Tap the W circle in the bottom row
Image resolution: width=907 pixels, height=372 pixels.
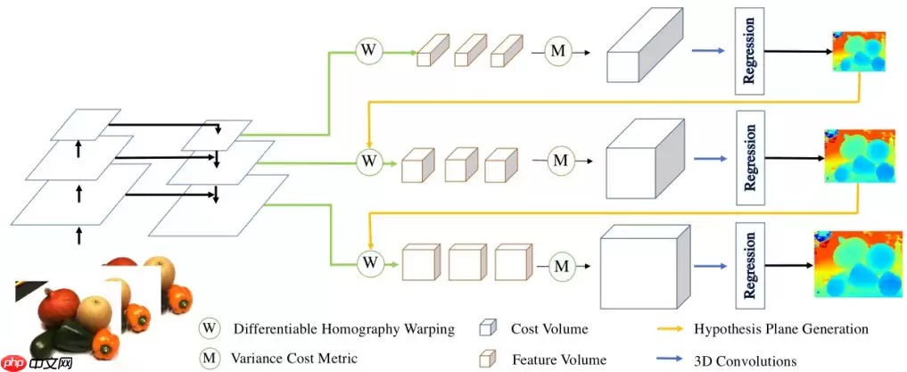[x=368, y=262]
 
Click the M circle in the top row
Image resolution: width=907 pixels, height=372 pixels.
[x=558, y=52]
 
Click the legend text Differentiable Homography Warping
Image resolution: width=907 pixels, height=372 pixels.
[x=343, y=328]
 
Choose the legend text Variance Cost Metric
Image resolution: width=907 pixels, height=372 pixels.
[x=294, y=358]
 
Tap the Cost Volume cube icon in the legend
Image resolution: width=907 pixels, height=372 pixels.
[x=488, y=328]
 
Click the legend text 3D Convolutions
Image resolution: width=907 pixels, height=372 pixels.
[x=745, y=360]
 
